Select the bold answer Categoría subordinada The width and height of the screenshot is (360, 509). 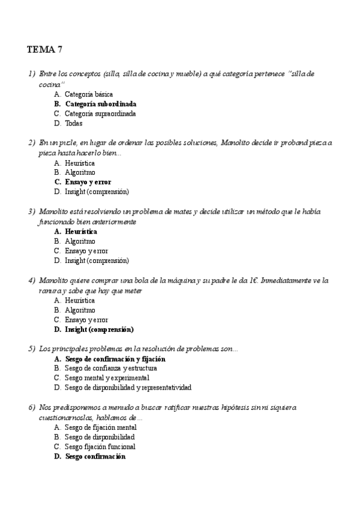100,104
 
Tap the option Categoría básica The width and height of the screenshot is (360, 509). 88,94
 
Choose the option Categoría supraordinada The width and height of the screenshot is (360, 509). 100,113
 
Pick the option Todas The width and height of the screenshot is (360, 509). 73,123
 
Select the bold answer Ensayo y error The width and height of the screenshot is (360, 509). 88,182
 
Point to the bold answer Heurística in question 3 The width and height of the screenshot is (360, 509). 80,231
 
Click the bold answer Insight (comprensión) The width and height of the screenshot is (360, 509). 99,330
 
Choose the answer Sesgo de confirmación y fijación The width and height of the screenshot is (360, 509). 115,359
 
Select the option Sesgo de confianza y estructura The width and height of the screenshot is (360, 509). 110,369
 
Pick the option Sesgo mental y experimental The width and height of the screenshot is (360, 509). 107,378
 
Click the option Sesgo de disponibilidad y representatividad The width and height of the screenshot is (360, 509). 128,388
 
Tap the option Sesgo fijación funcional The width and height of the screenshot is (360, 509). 100,447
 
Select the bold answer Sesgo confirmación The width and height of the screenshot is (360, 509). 95,456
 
